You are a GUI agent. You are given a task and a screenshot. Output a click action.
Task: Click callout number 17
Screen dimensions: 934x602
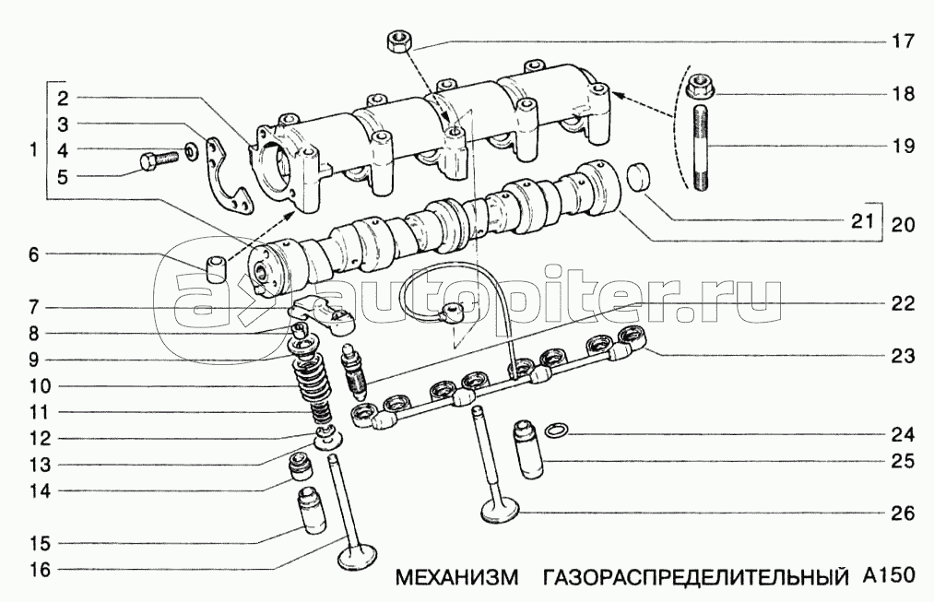tap(903, 41)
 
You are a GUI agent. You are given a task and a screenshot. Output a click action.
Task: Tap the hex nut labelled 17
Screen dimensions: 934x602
tap(398, 41)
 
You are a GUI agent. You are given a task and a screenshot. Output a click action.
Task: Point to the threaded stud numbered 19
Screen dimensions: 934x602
tap(701, 147)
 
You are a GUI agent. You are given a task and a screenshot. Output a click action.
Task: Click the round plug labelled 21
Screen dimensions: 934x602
tap(640, 177)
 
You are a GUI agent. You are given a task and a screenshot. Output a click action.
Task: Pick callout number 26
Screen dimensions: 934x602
tap(903, 513)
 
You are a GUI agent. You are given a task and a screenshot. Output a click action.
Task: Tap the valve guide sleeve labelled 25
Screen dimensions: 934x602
tap(528, 450)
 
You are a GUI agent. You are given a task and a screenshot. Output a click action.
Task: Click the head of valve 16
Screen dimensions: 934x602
tap(357, 558)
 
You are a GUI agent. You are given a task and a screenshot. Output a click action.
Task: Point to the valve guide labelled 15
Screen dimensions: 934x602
tap(313, 511)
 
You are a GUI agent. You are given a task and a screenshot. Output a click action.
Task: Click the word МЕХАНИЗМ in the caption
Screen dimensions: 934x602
tap(457, 577)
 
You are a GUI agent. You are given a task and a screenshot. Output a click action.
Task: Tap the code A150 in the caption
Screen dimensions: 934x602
tap(888, 576)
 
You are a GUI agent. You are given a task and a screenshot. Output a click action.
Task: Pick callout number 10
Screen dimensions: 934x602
tap(41, 386)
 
